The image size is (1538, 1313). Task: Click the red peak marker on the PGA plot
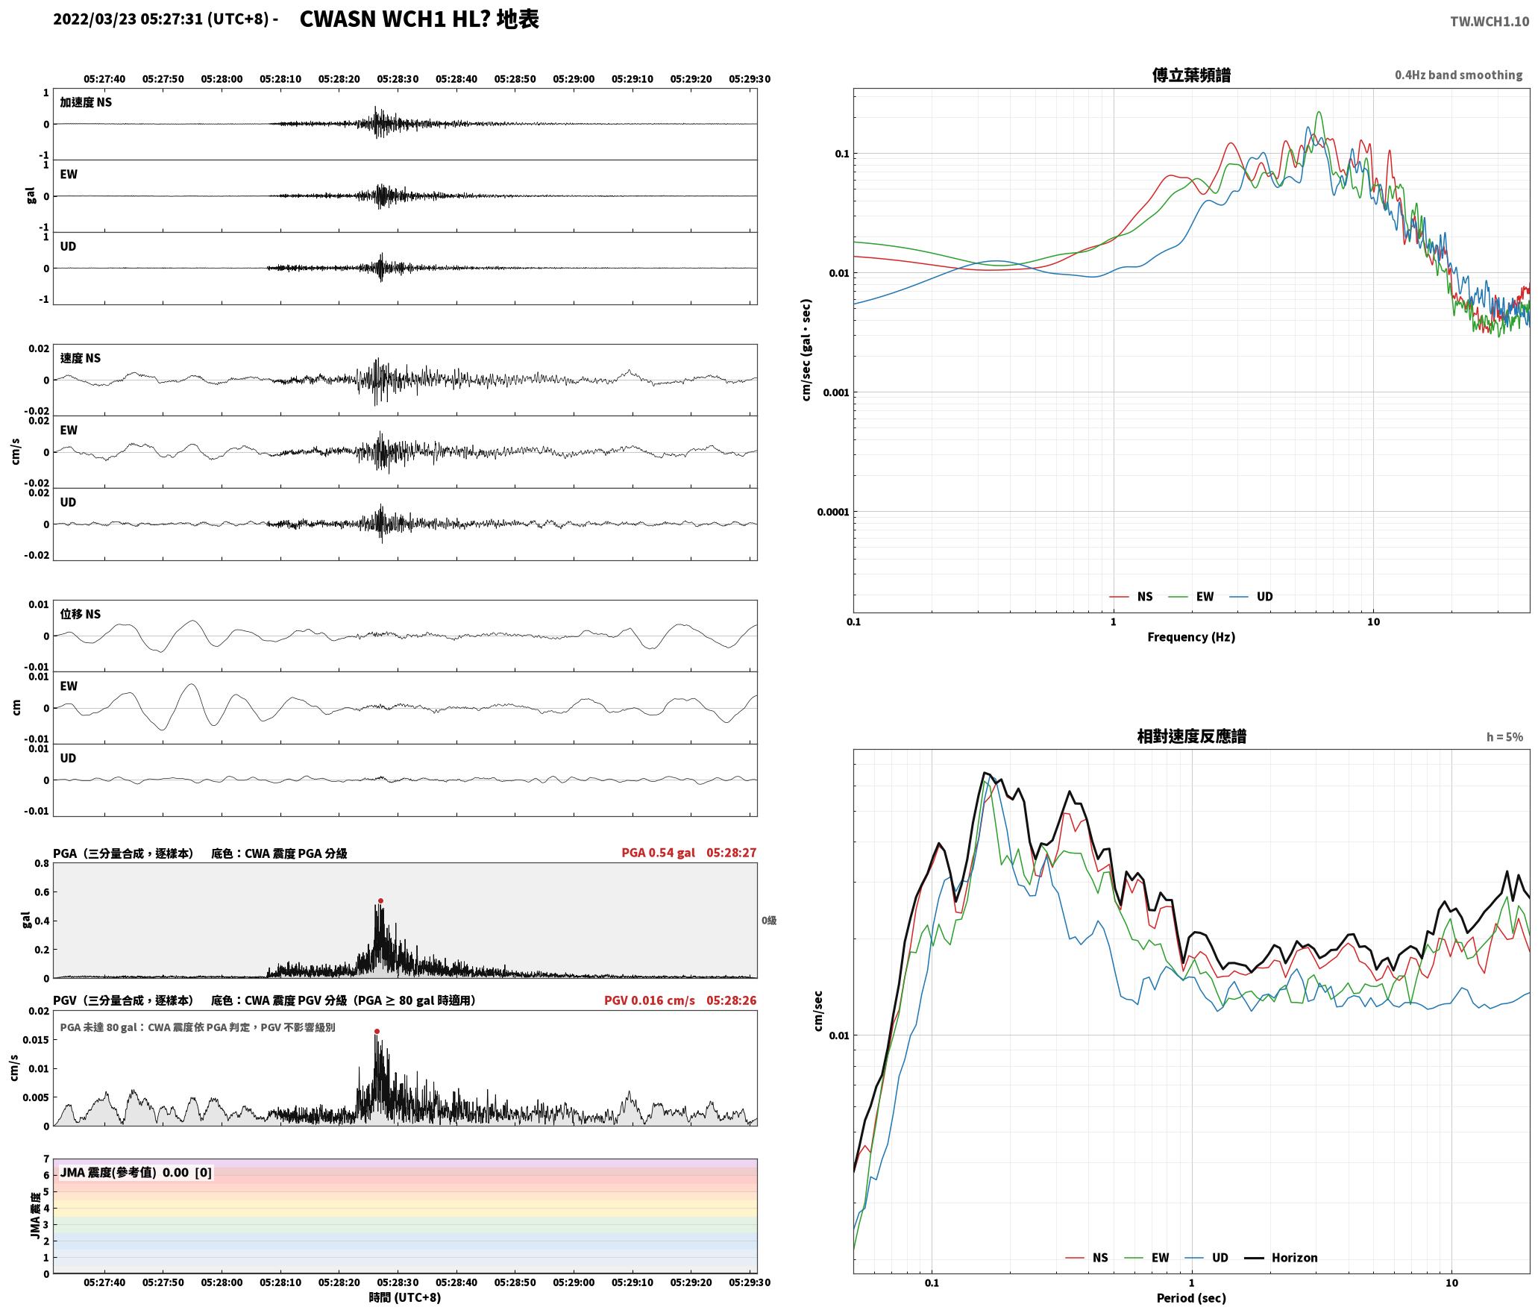pyautogui.click(x=380, y=900)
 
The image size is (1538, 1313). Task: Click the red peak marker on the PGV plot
pyautogui.click(x=377, y=1031)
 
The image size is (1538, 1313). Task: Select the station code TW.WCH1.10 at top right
pyautogui.click(x=1489, y=22)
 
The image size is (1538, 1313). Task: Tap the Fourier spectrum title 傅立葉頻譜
pyautogui.click(x=1191, y=75)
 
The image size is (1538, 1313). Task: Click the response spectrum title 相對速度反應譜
pyautogui.click(x=1191, y=736)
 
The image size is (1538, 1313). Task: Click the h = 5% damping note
pyautogui.click(x=1504, y=736)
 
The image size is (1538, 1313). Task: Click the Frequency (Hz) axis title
pyautogui.click(x=1191, y=636)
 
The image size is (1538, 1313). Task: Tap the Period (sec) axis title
pyautogui.click(x=1191, y=1297)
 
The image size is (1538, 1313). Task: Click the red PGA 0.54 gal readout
pyautogui.click(x=658, y=852)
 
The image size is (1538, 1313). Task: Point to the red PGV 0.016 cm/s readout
pyautogui.click(x=649, y=1000)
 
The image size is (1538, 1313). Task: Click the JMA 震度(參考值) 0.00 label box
pyautogui.click(x=136, y=1172)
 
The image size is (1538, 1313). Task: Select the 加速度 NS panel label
pyautogui.click(x=86, y=102)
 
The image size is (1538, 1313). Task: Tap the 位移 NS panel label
pyautogui.click(x=81, y=614)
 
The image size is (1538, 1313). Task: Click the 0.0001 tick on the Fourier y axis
pyautogui.click(x=832, y=512)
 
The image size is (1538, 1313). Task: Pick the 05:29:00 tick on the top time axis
pyautogui.click(x=574, y=78)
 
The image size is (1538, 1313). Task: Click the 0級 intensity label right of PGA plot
pyautogui.click(x=769, y=920)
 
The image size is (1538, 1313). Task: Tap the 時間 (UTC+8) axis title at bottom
pyautogui.click(x=405, y=1297)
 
